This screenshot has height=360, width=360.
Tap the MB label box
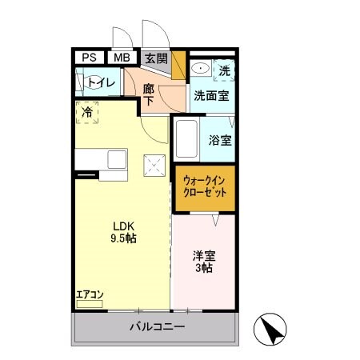click(121, 58)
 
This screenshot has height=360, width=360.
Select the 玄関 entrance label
click(156, 58)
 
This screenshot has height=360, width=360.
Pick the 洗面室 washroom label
click(211, 95)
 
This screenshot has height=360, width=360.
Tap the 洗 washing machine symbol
click(225, 70)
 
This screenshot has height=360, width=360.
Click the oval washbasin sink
click(200, 70)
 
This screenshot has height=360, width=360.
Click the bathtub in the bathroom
click(186, 139)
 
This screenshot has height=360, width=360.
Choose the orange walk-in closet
click(205, 188)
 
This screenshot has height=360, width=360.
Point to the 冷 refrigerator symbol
click(87, 113)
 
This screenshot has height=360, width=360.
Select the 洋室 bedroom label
click(203, 257)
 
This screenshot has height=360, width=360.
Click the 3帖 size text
click(203, 270)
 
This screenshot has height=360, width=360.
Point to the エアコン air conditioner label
click(90, 294)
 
